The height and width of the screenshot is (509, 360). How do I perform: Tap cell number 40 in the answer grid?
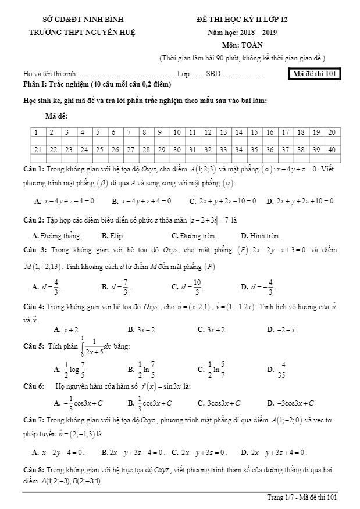pyautogui.click(x=332, y=149)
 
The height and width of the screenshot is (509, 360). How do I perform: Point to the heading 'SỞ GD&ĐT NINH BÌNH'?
pyautogui.click(x=84, y=20)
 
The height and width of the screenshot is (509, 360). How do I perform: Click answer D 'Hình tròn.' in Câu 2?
pyautogui.click(x=260, y=236)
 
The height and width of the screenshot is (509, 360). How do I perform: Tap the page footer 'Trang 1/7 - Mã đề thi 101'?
pyautogui.click(x=302, y=497)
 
